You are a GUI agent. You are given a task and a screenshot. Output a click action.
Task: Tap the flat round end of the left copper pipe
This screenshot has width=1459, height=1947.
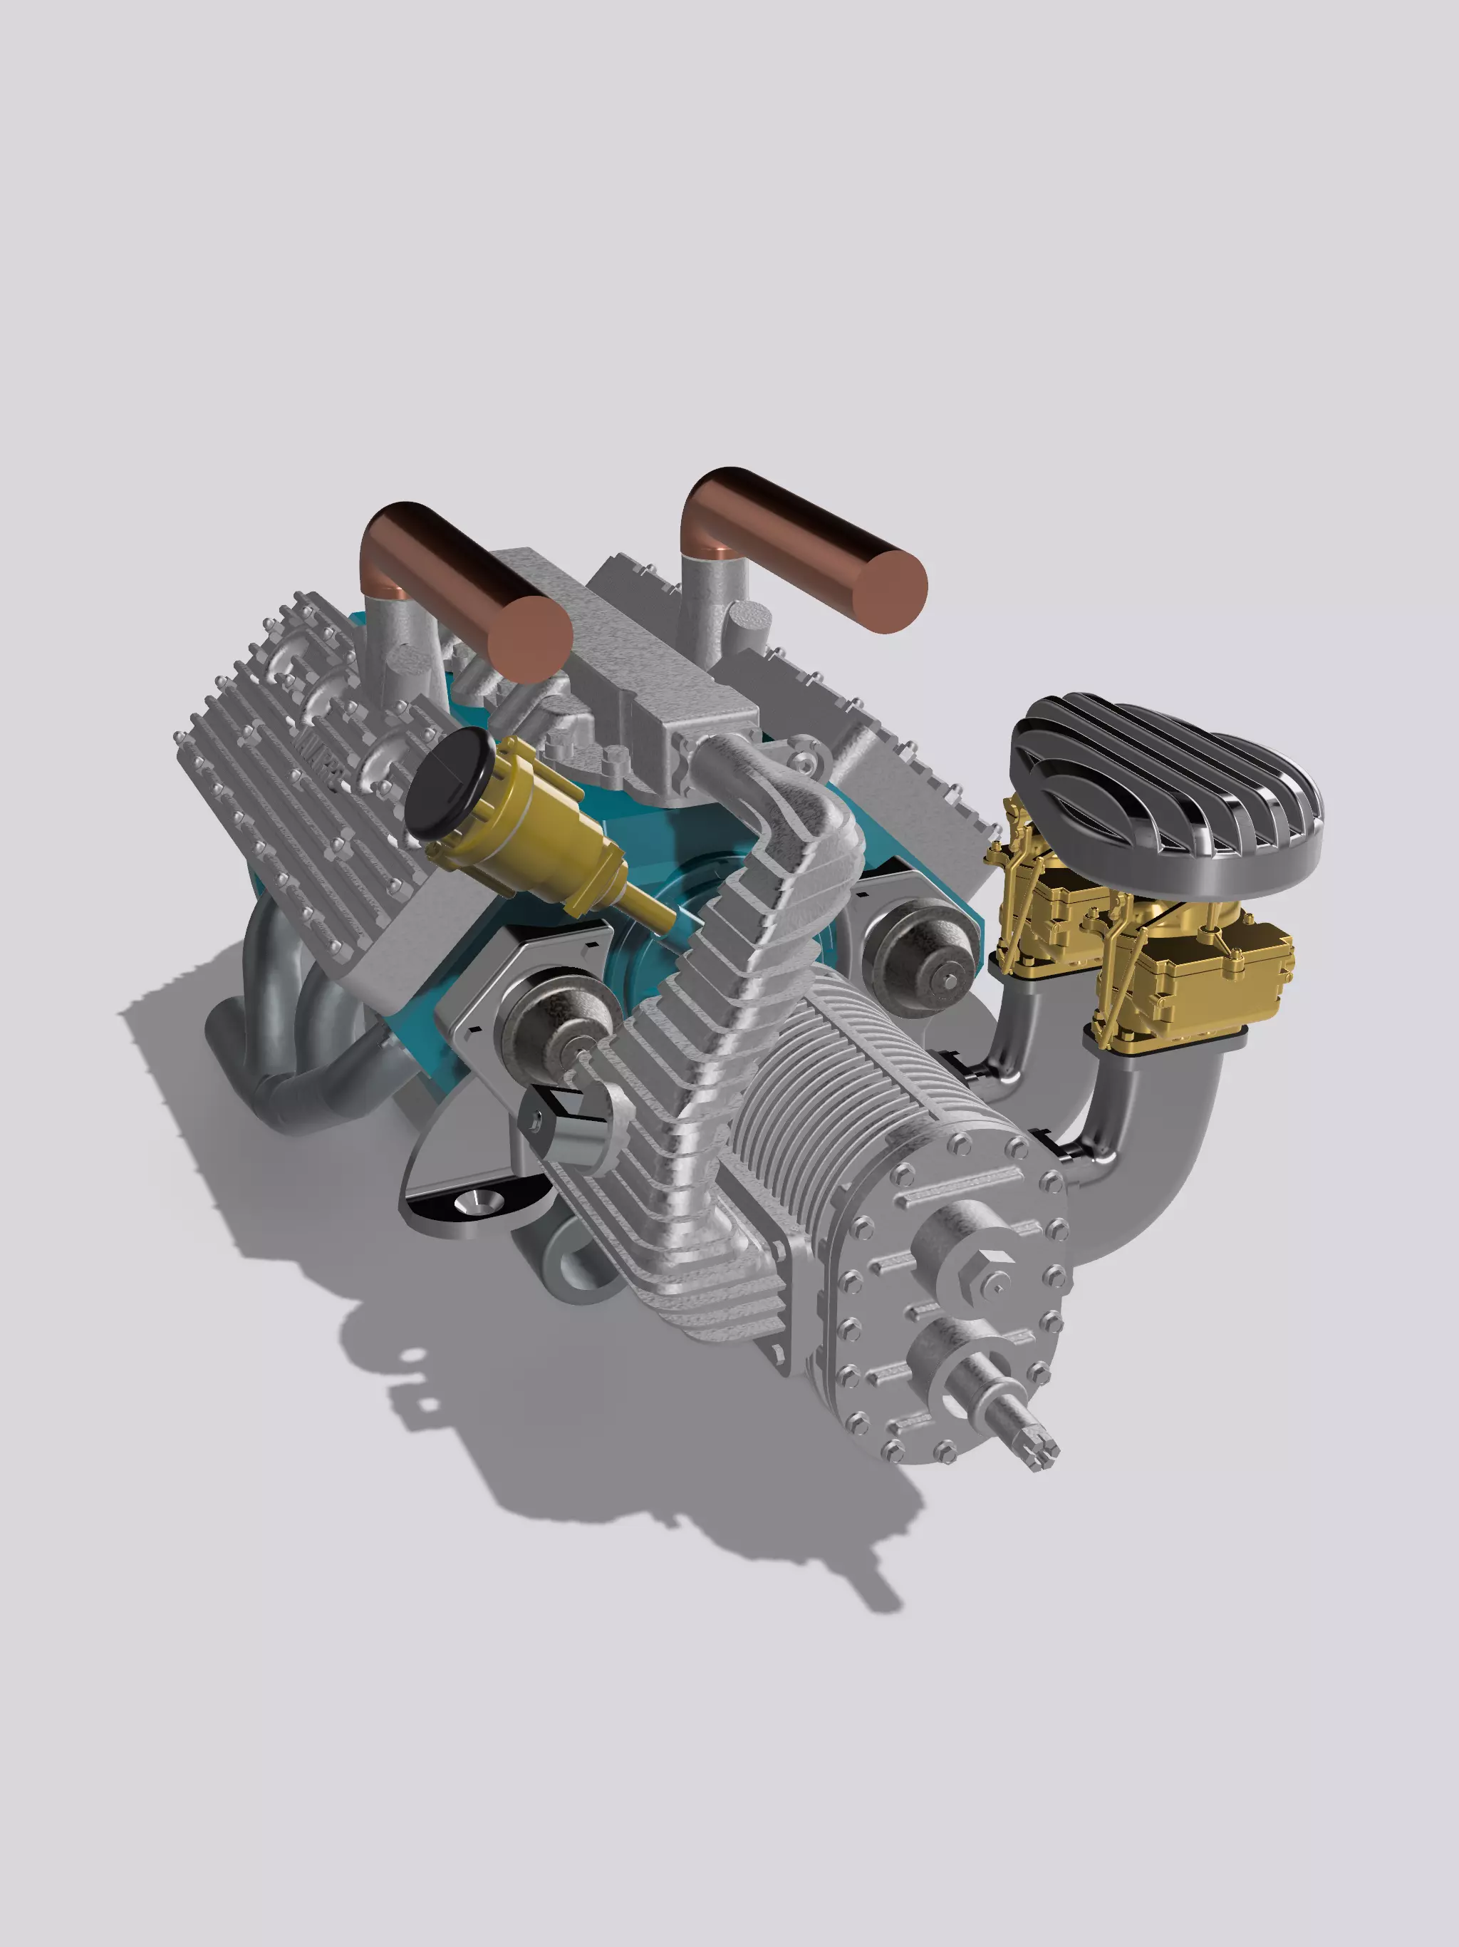[526, 639]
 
